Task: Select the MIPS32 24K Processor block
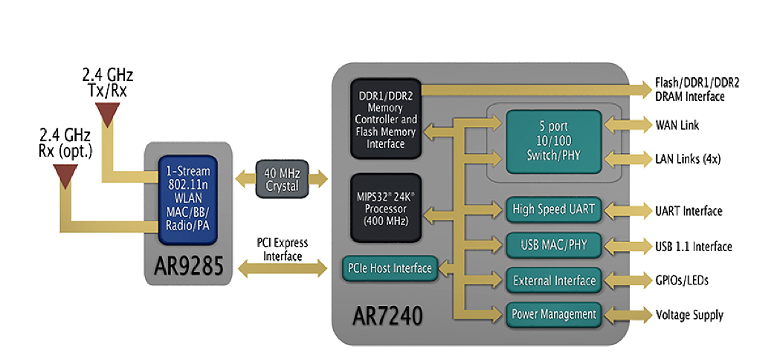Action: point(386,207)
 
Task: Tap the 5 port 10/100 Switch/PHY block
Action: point(553,142)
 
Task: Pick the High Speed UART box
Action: point(553,209)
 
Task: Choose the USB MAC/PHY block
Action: point(553,244)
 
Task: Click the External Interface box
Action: point(553,280)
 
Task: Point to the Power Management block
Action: point(553,314)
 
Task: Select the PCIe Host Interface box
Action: point(389,268)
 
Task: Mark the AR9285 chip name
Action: point(189,264)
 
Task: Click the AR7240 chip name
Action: point(385,315)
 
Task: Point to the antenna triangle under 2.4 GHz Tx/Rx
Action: point(109,114)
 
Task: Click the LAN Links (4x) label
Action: point(686,158)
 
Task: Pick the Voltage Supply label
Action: point(689,315)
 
